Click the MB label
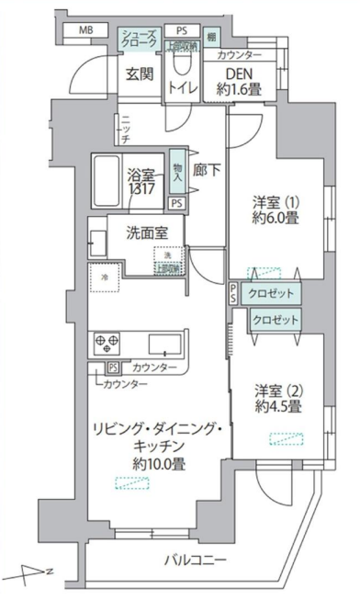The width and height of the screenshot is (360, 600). coord(85,30)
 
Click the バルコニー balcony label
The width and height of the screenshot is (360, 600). coord(197,560)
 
